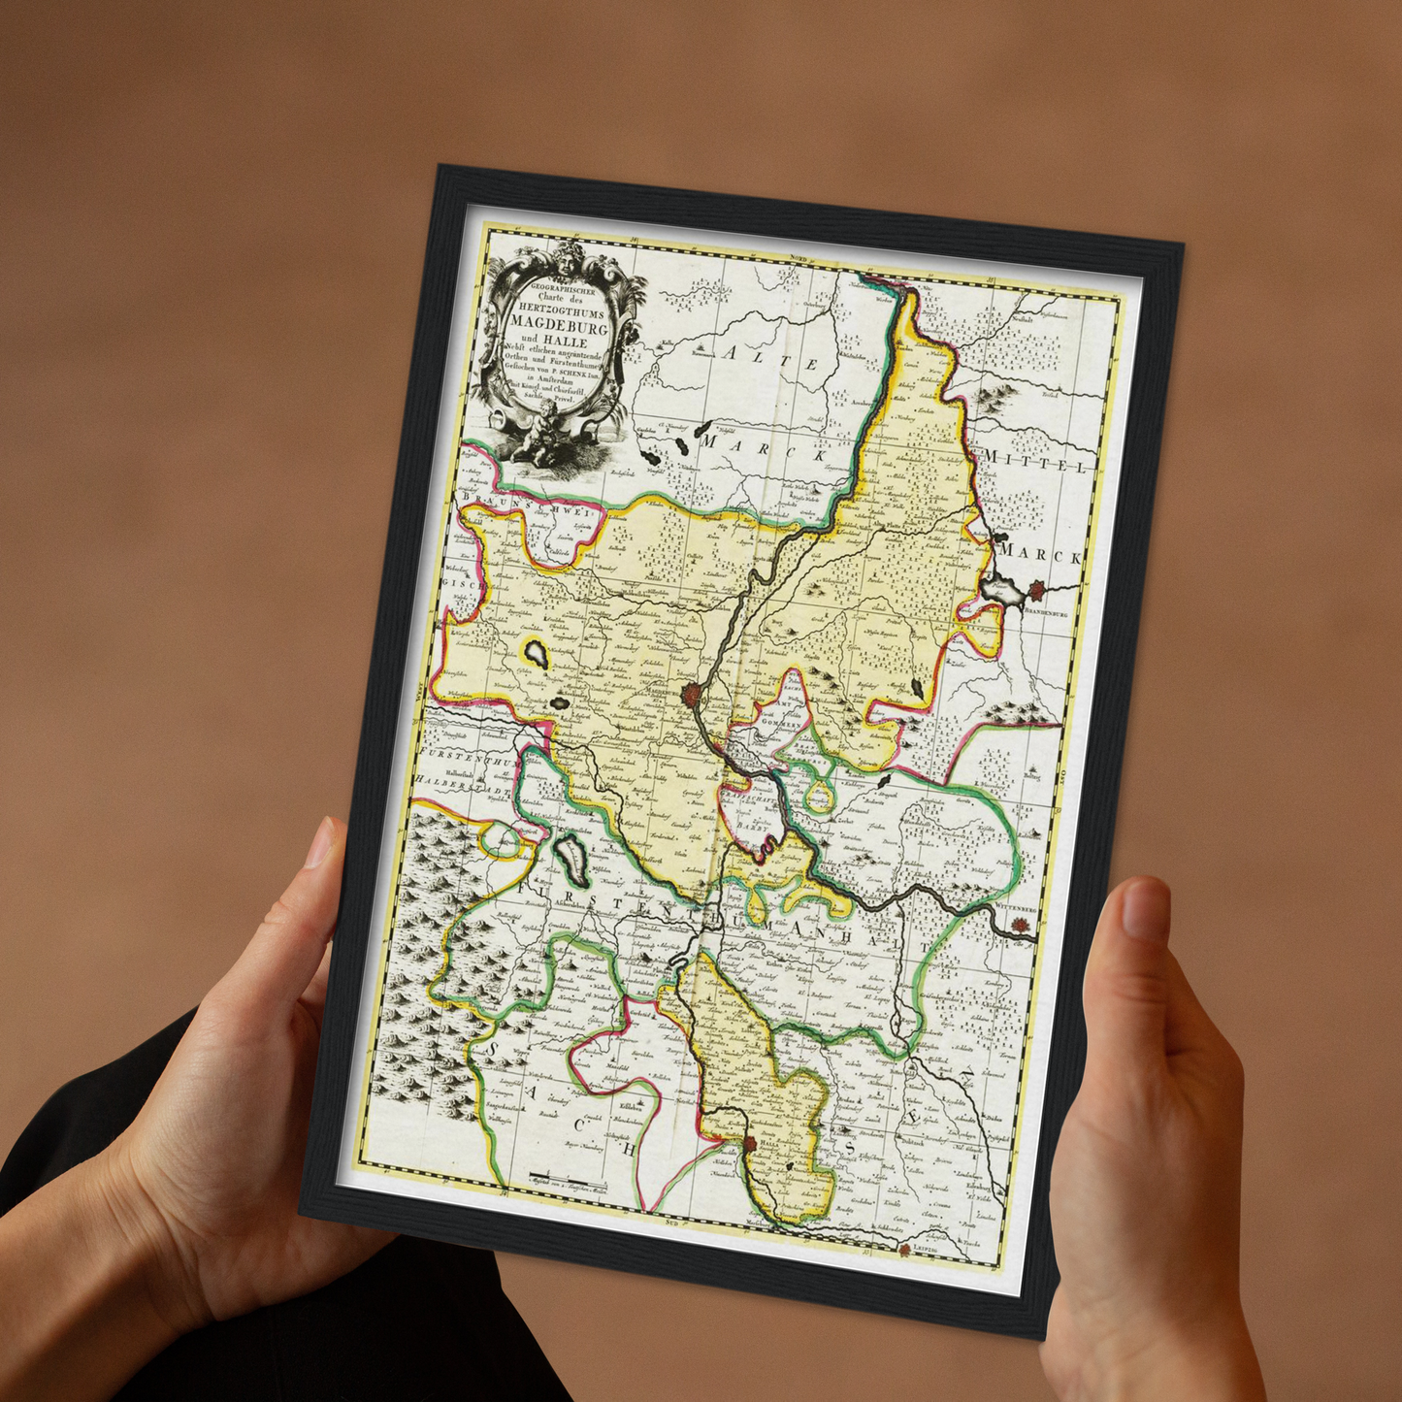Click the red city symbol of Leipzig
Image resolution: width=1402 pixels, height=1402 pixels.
pos(905,1250)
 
